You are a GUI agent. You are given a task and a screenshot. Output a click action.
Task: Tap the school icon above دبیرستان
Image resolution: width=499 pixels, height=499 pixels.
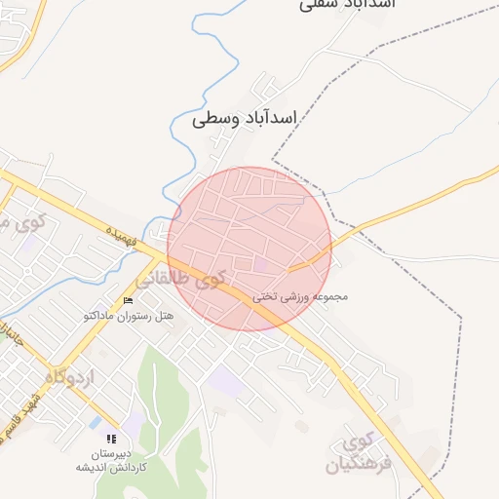pyautogui.click(x=110, y=440)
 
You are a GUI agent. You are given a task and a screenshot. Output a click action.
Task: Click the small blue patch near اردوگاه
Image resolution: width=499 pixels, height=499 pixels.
pyautogui.click(x=95, y=423)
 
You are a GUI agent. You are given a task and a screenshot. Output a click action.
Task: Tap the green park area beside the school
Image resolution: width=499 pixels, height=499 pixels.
pyautogui.click(x=161, y=390)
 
